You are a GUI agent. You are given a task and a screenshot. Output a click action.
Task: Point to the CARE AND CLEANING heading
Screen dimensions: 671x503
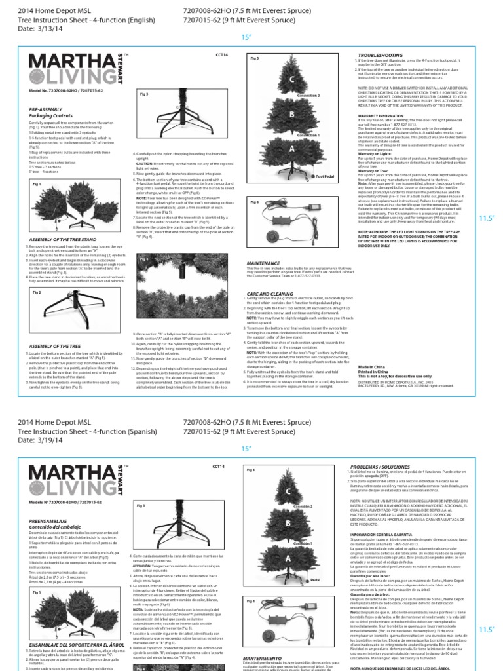(272, 294)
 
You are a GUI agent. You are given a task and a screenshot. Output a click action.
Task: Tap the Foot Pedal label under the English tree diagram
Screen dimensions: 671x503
(326, 176)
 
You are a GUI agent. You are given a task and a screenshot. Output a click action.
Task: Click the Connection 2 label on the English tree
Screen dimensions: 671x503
(309, 96)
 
